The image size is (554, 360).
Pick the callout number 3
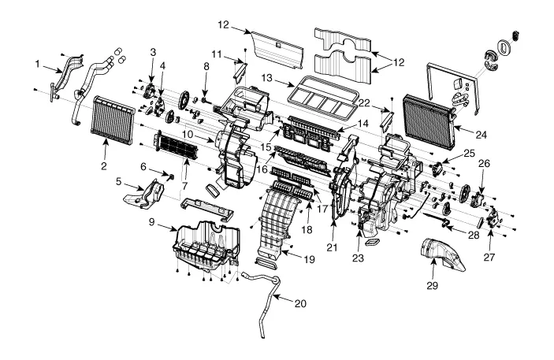tap(154, 52)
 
